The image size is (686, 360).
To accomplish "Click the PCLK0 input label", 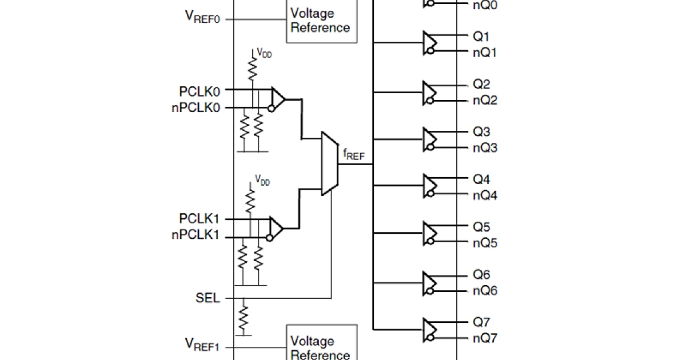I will click(199, 90).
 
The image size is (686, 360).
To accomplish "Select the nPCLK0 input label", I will click(196, 108).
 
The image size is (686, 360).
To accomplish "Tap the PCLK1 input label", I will click(199, 219).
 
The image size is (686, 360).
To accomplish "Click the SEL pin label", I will click(208, 298).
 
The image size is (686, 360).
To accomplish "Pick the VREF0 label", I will click(202, 17).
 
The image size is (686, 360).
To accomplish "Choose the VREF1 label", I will click(202, 344).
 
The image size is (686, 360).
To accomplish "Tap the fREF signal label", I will click(353, 154).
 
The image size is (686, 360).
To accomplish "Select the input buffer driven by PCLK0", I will click(277, 99).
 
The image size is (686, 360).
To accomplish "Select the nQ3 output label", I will click(485, 149).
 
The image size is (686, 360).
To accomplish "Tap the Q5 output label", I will click(481, 227).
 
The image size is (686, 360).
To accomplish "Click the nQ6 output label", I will click(485, 291).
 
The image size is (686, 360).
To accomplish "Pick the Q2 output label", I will click(481, 85).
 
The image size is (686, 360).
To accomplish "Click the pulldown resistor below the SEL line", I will click(244, 316).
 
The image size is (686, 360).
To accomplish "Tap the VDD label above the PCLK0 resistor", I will click(264, 53).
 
